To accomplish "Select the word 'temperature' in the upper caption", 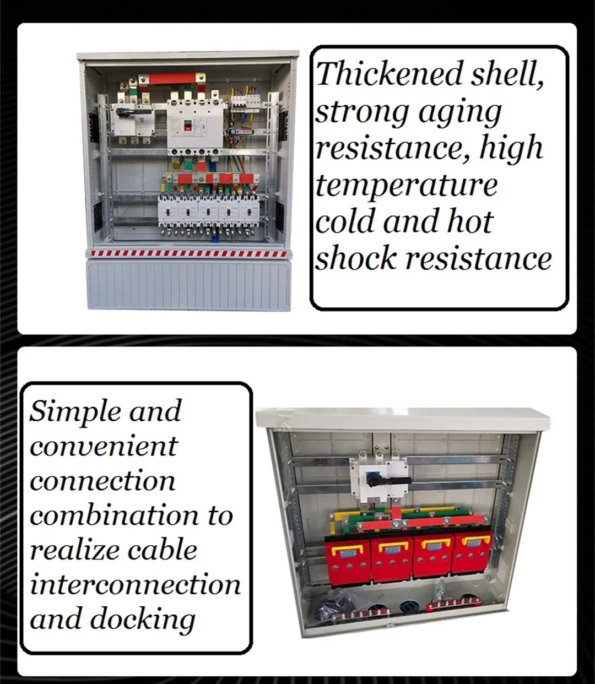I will tap(406, 185).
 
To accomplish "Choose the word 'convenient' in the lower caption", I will tap(104, 446).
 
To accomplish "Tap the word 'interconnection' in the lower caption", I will tap(135, 584).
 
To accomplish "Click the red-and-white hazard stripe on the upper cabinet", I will tap(187, 253).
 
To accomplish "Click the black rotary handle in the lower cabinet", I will tap(386, 479).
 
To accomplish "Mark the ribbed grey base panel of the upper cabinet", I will tap(187, 284).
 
